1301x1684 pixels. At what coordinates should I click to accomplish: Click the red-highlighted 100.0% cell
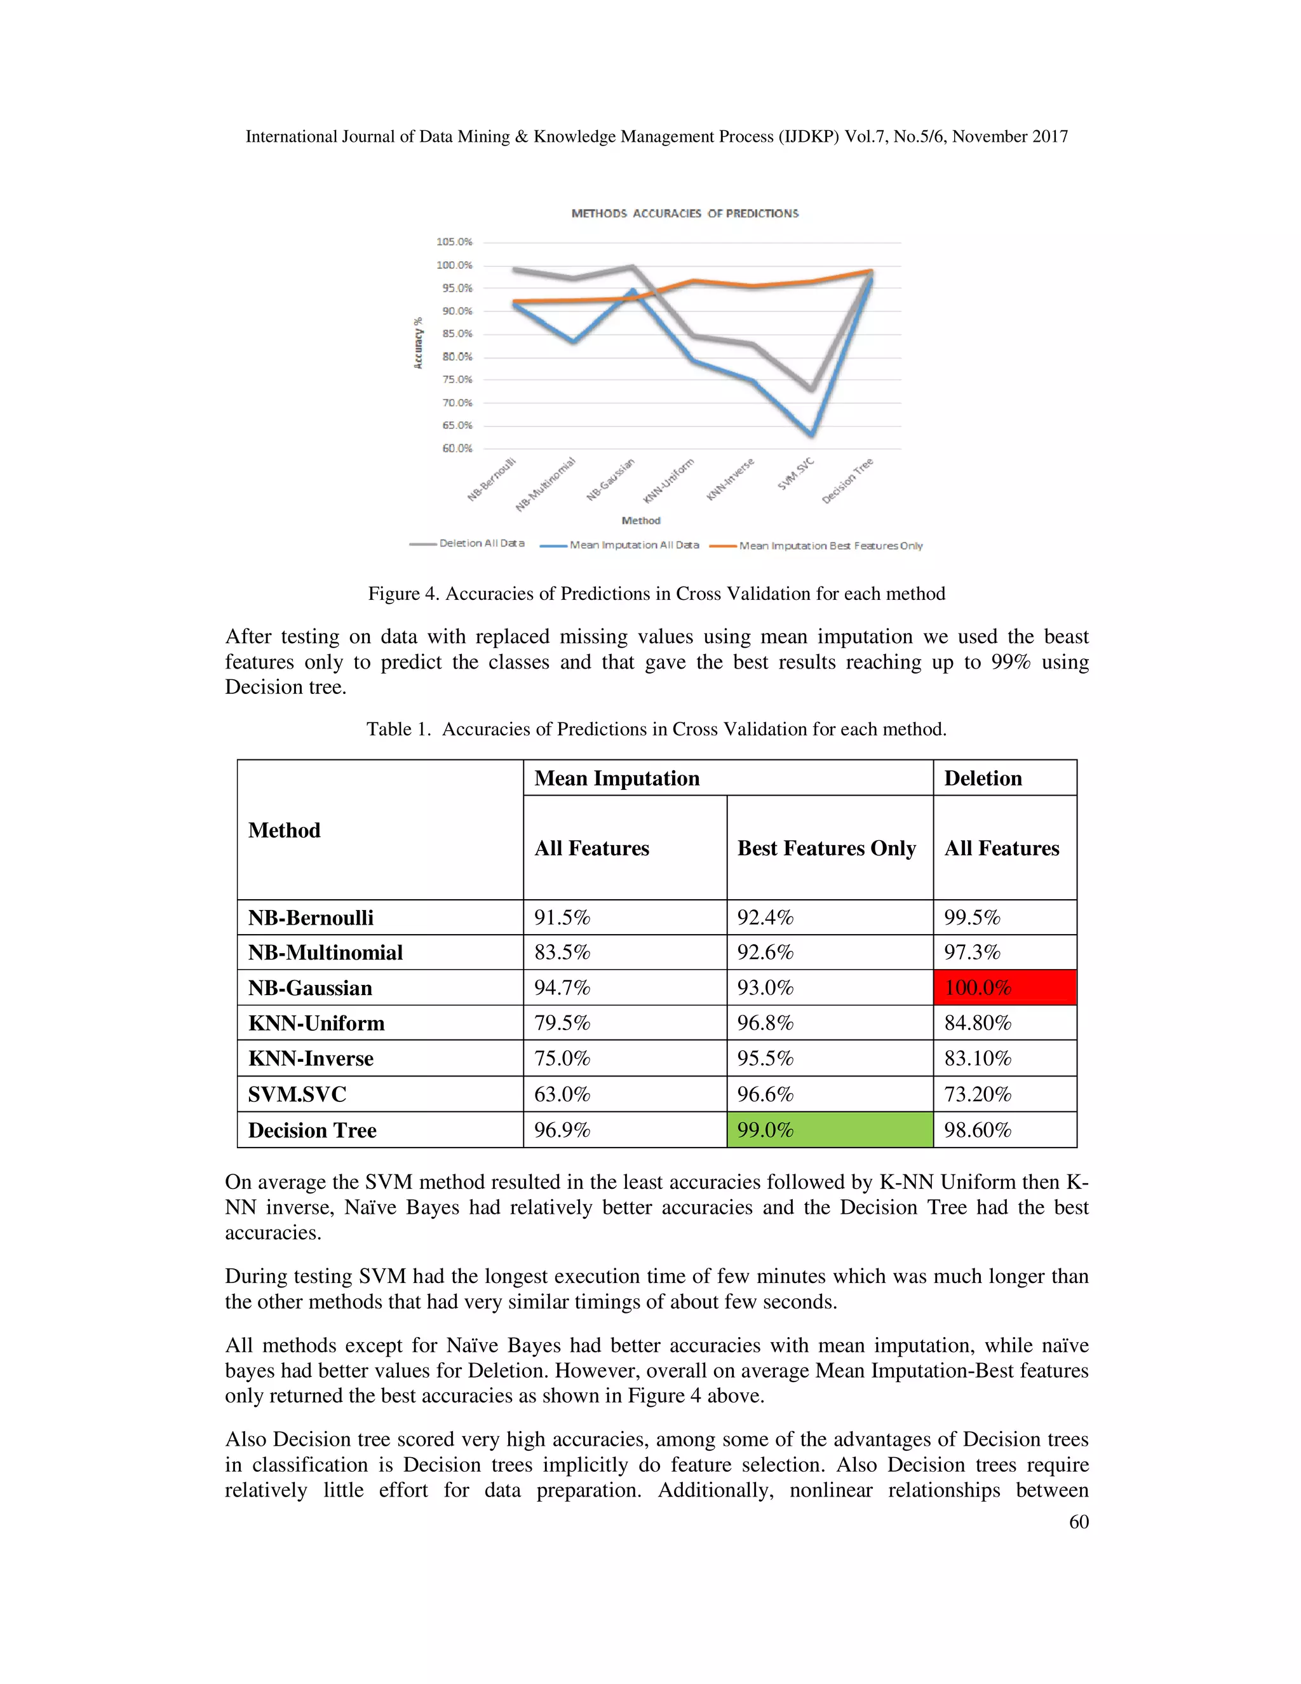pos(1004,988)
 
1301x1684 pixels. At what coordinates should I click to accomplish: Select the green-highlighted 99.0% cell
pos(829,1130)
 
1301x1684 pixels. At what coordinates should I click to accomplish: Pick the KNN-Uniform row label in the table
pos(316,1023)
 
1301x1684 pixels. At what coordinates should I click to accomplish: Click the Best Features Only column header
pos(826,848)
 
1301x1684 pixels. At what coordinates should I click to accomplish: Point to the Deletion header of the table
pos(983,778)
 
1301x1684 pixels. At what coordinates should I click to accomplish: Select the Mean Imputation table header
pos(617,778)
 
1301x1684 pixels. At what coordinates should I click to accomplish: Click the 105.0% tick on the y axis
pos(454,242)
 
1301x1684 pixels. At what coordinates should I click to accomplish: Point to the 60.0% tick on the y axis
pos(456,448)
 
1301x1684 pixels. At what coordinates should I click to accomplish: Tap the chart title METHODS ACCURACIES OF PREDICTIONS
pos(684,214)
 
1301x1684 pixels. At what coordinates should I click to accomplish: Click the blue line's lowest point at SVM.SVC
pos(811,434)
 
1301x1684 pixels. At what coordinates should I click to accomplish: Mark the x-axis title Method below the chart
pos(640,520)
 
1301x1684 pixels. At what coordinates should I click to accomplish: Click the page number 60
pos(1078,1521)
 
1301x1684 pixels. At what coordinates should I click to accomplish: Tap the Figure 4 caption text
pos(656,594)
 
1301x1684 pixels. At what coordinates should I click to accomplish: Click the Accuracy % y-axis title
pos(418,343)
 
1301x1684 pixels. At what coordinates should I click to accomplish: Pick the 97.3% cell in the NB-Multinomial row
pos(972,953)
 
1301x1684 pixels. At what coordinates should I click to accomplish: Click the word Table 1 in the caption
pos(397,730)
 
